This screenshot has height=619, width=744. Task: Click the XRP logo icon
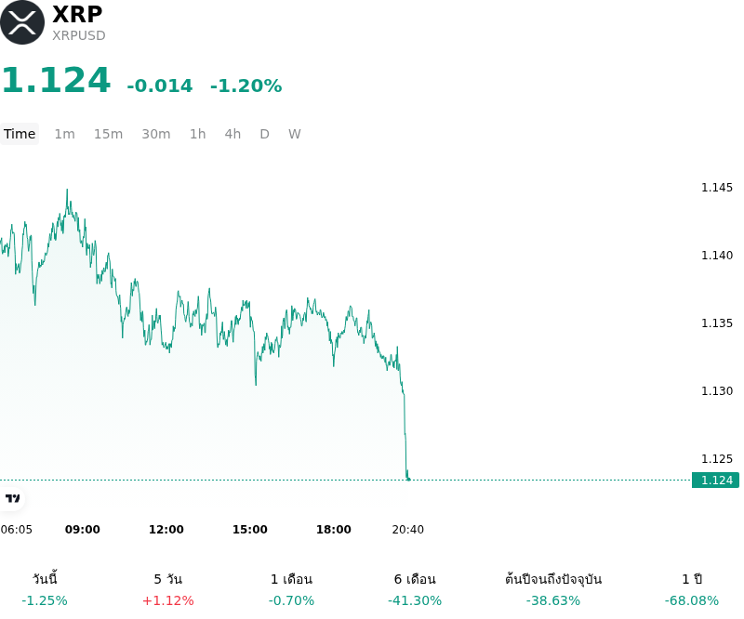tap(22, 22)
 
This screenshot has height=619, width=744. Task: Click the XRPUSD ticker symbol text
tap(79, 35)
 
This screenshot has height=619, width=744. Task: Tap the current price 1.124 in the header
tap(57, 80)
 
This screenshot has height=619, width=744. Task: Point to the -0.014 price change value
tap(160, 86)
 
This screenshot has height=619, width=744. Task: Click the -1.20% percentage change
tap(246, 86)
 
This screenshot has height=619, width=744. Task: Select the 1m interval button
tap(64, 134)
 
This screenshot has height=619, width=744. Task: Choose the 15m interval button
tap(108, 134)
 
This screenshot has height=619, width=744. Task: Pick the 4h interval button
tap(232, 134)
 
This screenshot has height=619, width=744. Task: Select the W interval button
tap(295, 134)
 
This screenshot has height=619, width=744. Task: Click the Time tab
tap(20, 134)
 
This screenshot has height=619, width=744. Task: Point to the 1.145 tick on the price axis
tap(717, 188)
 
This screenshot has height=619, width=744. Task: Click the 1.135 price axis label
tap(717, 323)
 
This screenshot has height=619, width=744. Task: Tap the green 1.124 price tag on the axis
tap(715, 480)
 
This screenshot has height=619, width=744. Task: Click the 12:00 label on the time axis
tap(166, 530)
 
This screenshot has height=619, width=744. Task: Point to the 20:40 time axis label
tap(408, 530)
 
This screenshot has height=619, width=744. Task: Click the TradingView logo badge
tap(12, 498)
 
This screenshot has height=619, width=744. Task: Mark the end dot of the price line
tap(408, 480)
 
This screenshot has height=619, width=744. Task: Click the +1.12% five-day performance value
tap(168, 601)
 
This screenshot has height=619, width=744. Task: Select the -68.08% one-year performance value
tap(692, 601)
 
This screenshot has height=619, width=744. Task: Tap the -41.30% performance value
tap(415, 601)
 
